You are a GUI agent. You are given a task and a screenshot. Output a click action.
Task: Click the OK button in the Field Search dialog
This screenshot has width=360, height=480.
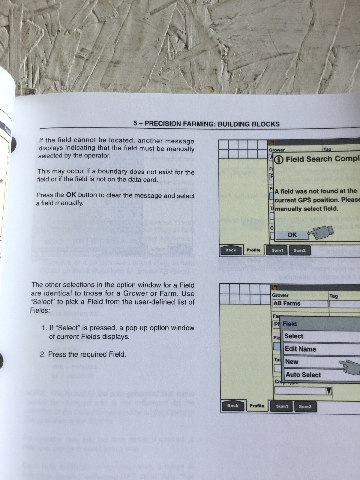292,235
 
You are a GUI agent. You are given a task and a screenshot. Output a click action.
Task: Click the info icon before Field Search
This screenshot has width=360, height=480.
279,160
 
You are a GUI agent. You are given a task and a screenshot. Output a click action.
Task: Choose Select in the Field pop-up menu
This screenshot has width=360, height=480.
294,336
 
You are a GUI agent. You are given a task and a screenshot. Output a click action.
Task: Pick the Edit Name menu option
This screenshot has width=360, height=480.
300,349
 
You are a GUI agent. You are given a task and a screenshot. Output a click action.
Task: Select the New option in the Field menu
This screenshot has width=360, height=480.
292,362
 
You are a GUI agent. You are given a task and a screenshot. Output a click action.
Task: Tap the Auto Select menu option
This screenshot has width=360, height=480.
303,375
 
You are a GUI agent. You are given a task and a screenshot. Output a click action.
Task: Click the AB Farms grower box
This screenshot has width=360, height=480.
287,303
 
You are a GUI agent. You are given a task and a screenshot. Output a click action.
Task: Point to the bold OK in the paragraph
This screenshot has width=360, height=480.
71,195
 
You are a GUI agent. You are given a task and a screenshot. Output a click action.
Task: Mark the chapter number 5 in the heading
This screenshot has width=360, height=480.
135,123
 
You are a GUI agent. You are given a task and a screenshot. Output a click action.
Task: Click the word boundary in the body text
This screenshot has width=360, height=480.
102,172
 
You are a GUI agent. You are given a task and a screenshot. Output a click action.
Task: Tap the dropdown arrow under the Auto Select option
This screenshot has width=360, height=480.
329,391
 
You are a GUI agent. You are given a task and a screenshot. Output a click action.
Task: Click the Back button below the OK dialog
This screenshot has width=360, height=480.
230,250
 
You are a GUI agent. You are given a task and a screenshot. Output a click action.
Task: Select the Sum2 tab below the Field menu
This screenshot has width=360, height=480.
305,406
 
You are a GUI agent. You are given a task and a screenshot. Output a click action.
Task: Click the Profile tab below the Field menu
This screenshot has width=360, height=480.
257,406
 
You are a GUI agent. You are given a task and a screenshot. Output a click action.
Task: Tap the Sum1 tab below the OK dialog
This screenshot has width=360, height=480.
277,250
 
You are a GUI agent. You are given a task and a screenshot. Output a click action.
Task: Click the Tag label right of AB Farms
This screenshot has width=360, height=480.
333,296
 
